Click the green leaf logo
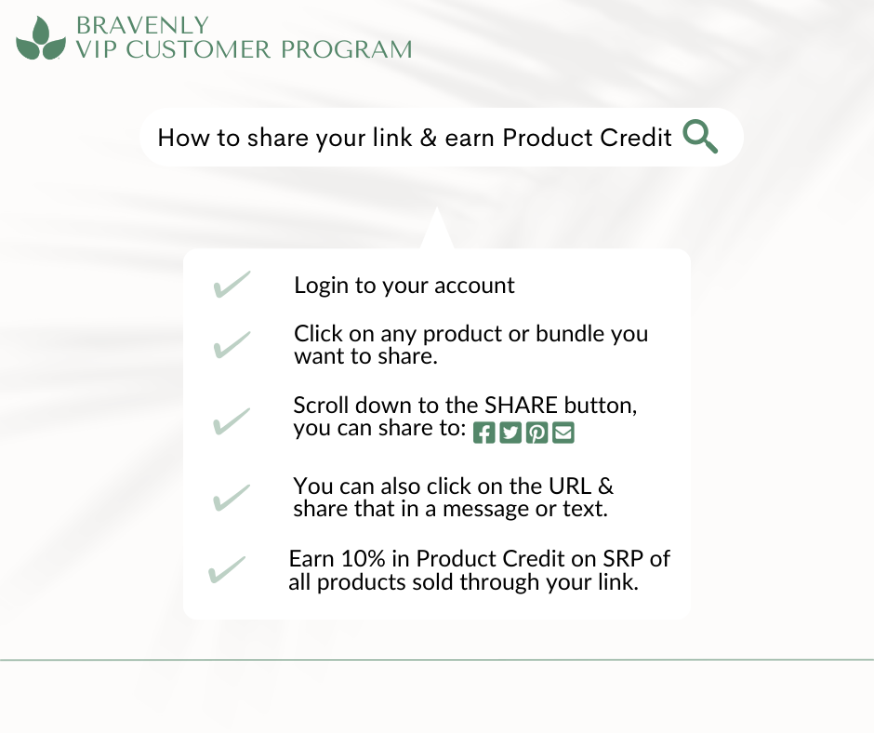[x=41, y=39]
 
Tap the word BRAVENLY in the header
[x=141, y=24]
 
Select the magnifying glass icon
[x=700, y=137]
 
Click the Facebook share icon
[x=483, y=433]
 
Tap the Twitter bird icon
[x=510, y=433]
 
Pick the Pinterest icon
[x=536, y=433]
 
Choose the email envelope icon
[x=563, y=433]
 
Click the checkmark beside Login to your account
[x=232, y=285]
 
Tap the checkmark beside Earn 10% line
[x=228, y=569]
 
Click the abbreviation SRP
[x=618, y=559]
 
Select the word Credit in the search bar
[x=639, y=138]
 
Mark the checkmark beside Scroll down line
[x=232, y=421]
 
